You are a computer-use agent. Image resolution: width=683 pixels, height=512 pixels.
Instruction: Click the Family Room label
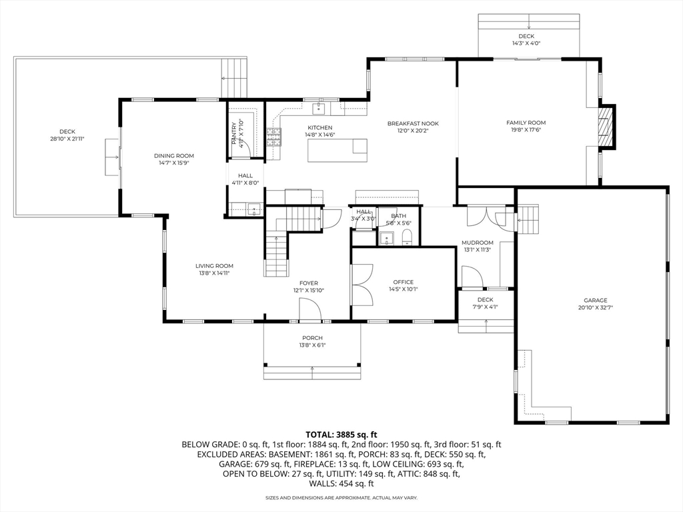pyautogui.click(x=526, y=123)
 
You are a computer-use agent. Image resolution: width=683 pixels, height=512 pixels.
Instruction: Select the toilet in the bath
pyautogui.click(x=407, y=238)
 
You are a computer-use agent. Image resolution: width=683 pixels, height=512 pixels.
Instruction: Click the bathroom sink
pyautogui.click(x=386, y=239)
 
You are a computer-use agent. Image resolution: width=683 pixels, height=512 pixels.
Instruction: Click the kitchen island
pyautogui.click(x=337, y=150)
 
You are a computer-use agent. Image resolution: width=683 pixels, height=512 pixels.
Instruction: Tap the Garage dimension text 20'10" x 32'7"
pyautogui.click(x=596, y=307)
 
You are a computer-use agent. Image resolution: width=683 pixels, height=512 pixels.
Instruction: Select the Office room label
pyautogui.click(x=404, y=282)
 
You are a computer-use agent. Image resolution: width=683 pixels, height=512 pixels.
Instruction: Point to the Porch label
pyautogui.click(x=312, y=338)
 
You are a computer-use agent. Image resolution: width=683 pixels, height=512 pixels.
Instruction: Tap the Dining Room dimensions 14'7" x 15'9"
pyautogui.click(x=174, y=163)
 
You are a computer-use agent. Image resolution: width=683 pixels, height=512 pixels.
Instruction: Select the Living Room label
pyautogui.click(x=214, y=265)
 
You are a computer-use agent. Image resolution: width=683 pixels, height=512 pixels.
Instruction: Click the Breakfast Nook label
pyautogui.click(x=413, y=123)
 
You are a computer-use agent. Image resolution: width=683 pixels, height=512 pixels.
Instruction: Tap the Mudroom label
pyautogui.click(x=478, y=243)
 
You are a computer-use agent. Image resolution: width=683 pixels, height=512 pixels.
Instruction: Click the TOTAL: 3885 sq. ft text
pyautogui.click(x=341, y=435)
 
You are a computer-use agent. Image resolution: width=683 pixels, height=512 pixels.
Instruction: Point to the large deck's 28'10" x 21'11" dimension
pyautogui.click(x=67, y=139)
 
